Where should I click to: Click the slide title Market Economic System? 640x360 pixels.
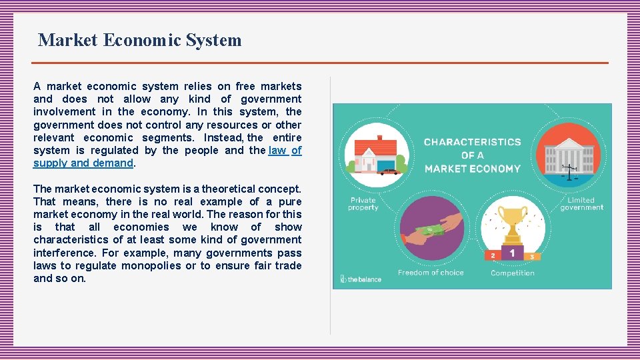(x=140, y=40)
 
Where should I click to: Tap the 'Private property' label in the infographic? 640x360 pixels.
(x=363, y=203)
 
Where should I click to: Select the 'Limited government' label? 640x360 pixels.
(x=581, y=203)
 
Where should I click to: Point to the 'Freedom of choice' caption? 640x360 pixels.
(x=431, y=273)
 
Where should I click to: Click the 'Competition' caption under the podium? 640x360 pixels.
(x=512, y=273)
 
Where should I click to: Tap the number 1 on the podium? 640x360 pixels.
(x=512, y=253)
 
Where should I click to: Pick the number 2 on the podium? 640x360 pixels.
(x=493, y=255)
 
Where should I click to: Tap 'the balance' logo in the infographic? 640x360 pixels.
(x=361, y=279)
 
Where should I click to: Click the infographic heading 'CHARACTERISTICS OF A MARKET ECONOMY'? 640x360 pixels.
(x=472, y=155)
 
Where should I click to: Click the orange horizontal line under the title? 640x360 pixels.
(x=321, y=63)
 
